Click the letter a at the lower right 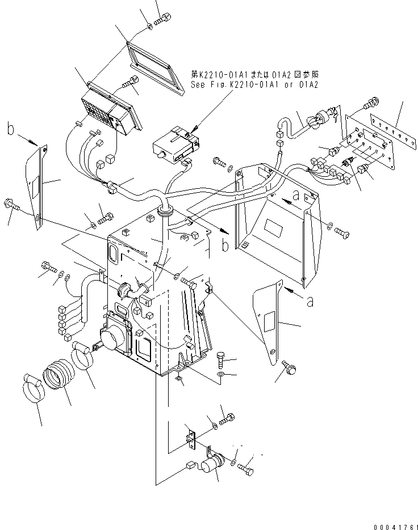pos(310,302)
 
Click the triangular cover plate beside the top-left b pos(36,186)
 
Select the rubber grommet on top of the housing pos(166,213)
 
